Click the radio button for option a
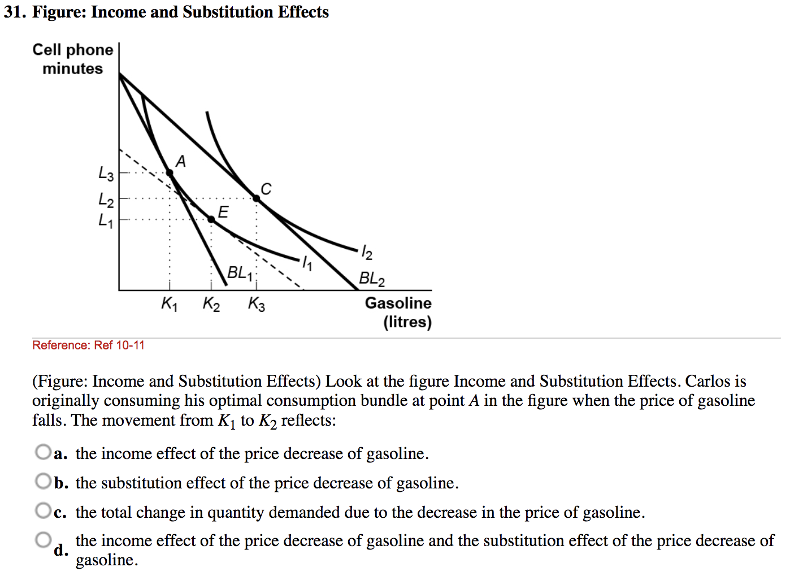(43, 452)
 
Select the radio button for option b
(43, 482)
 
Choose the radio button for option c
(43, 511)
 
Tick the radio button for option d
(43, 540)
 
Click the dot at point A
(170, 173)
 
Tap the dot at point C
(256, 198)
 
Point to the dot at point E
(211, 219)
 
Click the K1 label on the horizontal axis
(169, 304)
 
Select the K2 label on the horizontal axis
(211, 304)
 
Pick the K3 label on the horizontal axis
(256, 304)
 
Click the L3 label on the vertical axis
(106, 174)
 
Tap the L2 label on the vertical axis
(106, 200)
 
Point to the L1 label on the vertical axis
(106, 220)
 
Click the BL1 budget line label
(240, 274)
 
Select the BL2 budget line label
(372, 279)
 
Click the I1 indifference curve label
(306, 263)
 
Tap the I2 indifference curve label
(367, 252)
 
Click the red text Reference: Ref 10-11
(88, 345)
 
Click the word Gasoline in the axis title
(398, 303)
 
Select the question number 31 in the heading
(15, 12)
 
